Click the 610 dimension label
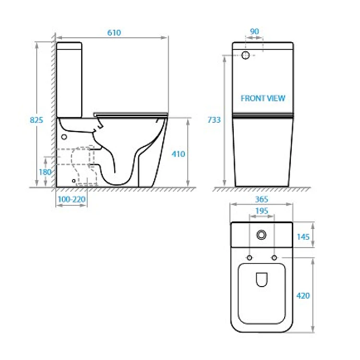114,33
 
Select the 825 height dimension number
36,120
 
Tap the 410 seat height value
178,154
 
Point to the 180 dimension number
45,172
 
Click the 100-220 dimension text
72,199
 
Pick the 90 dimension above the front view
254,32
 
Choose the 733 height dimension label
214,120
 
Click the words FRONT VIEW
263,98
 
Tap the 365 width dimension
262,199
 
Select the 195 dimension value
262,211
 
